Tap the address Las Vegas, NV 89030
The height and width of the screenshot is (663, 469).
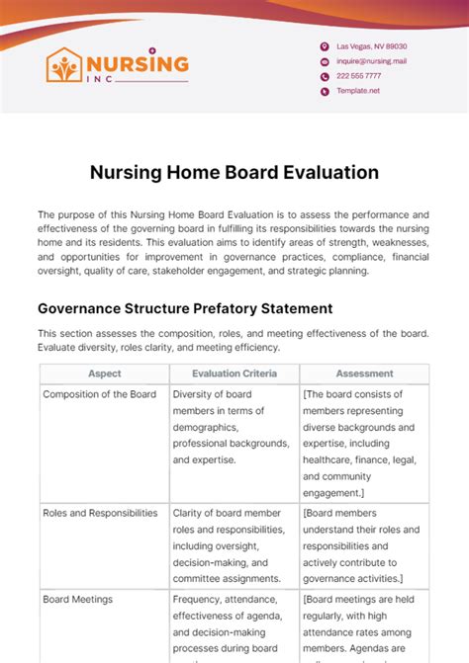tap(372, 46)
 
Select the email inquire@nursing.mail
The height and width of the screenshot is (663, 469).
tap(372, 61)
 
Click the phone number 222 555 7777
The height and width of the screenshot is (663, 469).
tap(357, 76)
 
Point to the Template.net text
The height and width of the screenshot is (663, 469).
tap(358, 91)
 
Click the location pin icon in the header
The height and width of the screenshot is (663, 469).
tap(325, 46)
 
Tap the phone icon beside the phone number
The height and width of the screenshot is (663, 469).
tap(325, 76)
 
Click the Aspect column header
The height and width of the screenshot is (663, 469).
tap(104, 374)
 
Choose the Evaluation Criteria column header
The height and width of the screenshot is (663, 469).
tap(234, 374)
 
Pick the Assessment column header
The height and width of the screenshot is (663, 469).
tap(364, 374)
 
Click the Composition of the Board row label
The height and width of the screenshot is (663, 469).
tap(99, 393)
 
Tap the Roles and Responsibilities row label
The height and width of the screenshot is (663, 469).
tap(100, 513)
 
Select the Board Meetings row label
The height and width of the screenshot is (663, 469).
tap(77, 599)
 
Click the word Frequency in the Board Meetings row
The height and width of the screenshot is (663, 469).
tap(198, 599)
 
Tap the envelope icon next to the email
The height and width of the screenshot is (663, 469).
tap(325, 61)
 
